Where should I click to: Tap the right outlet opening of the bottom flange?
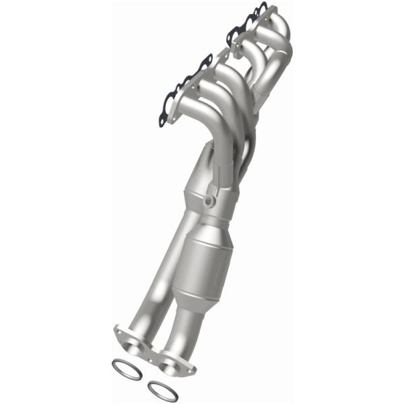tap(172, 362)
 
